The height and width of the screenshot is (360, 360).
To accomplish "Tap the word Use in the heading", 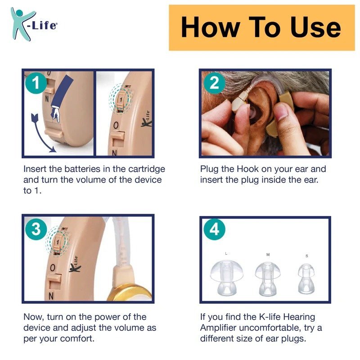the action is click(315, 27).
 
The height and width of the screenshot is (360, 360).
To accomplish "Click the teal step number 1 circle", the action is click(36, 83).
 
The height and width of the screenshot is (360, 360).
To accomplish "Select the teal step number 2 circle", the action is click(214, 83).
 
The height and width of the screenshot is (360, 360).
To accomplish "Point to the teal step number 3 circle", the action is click(36, 229).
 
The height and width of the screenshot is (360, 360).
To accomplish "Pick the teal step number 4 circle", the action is click(215, 229).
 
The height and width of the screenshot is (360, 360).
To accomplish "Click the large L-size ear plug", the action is click(227, 278).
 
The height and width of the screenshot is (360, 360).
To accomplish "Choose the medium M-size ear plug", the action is click(268, 279).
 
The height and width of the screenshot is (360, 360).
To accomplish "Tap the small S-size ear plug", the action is click(306, 279).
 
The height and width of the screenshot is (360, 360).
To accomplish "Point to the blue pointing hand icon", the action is click(60, 98).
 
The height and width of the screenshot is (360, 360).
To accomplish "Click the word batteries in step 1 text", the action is click(82, 169).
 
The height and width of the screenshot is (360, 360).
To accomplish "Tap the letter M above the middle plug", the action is click(268, 255).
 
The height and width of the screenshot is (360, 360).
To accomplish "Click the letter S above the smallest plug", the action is click(307, 256).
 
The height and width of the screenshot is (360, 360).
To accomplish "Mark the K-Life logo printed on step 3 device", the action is click(75, 264).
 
